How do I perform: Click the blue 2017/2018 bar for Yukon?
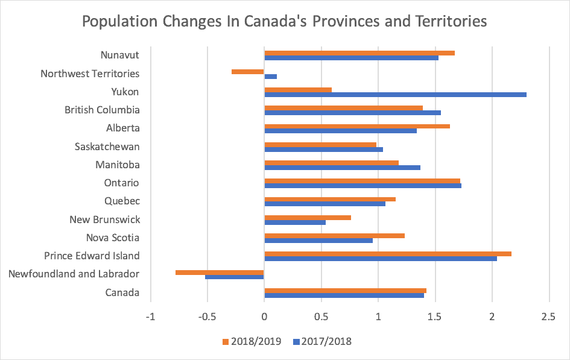pos(395,95)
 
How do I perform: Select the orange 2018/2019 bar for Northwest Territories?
pos(248,71)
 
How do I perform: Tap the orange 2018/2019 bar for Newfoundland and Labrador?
pos(220,272)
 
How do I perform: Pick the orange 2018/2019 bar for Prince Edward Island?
pos(388,253)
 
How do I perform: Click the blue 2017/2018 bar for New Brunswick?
pos(295,223)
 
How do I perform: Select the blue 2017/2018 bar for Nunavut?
pos(351,58)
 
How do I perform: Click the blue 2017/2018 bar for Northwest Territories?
pos(271,77)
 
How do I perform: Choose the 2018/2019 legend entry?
pos(254,341)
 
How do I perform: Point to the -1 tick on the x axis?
pos(150,317)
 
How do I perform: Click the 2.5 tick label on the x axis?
pos(549,317)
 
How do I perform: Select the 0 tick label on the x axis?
pos(264,317)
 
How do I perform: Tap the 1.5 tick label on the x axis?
pos(435,317)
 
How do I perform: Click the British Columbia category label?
pos(102,110)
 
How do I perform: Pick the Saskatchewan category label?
pos(107,147)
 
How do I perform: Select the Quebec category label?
pos(122,201)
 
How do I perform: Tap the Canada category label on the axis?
pos(122,293)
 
